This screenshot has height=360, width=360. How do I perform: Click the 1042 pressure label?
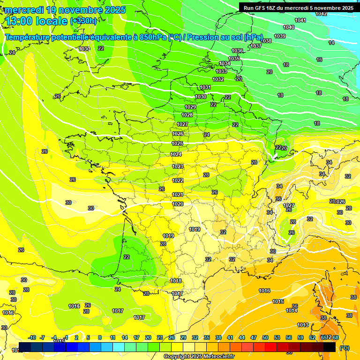click(x=321, y=14)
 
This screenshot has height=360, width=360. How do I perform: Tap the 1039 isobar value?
click(x=280, y=36)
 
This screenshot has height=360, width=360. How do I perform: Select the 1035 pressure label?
click(x=234, y=59)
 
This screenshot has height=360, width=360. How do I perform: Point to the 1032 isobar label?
click(x=218, y=79)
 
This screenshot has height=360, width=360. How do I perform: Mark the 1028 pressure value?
click(x=187, y=115)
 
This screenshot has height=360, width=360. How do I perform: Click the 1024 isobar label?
click(x=176, y=154)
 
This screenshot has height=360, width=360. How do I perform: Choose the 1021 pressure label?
click(x=178, y=195)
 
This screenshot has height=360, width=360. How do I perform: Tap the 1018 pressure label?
click(x=176, y=281)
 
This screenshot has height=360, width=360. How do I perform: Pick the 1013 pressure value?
click(x=303, y=325)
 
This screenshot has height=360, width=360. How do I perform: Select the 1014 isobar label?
click(x=292, y=310)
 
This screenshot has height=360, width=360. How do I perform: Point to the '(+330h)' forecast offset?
click(x=83, y=21)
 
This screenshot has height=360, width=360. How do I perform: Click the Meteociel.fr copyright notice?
click(x=199, y=356)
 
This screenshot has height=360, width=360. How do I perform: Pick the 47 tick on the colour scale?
click(x=254, y=337)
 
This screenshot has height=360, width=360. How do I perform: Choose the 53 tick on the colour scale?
click(x=277, y=337)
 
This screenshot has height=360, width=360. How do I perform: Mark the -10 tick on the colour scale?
click(x=32, y=337)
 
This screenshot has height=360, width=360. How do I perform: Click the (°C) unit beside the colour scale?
click(x=345, y=348)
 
